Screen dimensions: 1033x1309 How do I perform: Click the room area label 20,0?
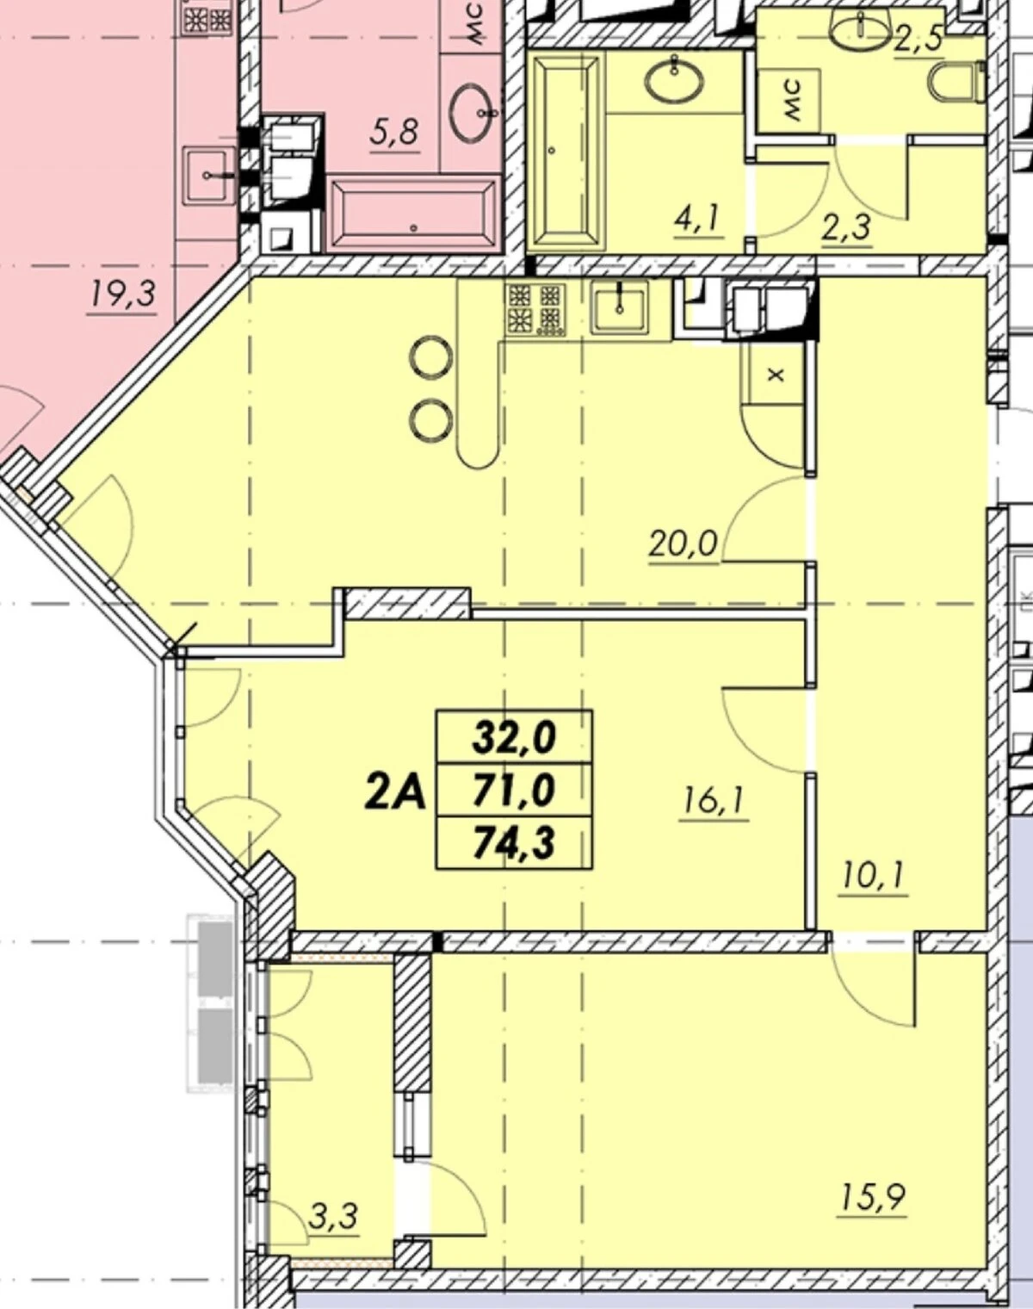pyautogui.click(x=684, y=543)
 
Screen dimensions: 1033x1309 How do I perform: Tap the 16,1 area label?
pyautogui.click(x=714, y=802)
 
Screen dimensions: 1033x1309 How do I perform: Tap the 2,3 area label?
pyautogui.click(x=847, y=228)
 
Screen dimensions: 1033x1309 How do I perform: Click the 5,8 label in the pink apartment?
pyautogui.click(x=394, y=132)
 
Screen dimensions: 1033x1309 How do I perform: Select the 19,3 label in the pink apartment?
pyautogui.click(x=123, y=295)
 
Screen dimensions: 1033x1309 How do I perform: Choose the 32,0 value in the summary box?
pyautogui.click(x=515, y=737)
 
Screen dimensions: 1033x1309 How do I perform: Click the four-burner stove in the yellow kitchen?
pyautogui.click(x=535, y=311)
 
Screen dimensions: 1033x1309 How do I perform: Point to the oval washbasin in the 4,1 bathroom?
pyautogui.click(x=675, y=81)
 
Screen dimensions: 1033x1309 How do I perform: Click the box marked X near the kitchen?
pyautogui.click(x=776, y=375)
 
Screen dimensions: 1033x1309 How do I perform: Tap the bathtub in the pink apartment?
pyautogui.click(x=413, y=214)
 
